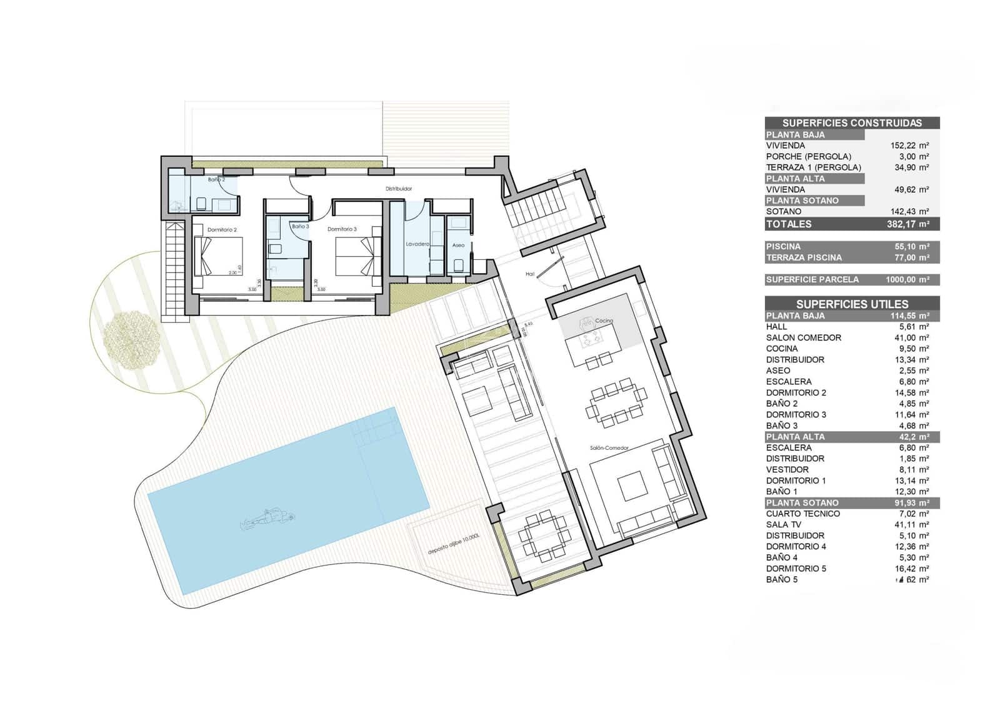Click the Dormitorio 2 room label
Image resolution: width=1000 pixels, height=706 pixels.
[222, 230]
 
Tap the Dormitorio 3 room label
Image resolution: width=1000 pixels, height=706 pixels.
[342, 229]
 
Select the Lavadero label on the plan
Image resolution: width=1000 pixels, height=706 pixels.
[417, 244]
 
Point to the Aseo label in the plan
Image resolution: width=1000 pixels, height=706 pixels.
[458, 246]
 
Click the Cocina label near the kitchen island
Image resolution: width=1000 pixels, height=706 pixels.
[604, 321]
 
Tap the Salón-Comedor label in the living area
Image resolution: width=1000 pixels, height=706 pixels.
[609, 448]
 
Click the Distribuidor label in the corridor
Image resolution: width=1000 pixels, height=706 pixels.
[398, 189]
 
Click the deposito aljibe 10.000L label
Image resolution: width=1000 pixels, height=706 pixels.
[453, 545]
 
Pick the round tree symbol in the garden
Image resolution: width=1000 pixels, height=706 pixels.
[130, 340]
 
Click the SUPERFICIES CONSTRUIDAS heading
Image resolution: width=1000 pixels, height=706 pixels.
[852, 123]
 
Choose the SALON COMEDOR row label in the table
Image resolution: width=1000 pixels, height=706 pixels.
[803, 337]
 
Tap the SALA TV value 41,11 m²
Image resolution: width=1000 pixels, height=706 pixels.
[911, 525]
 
